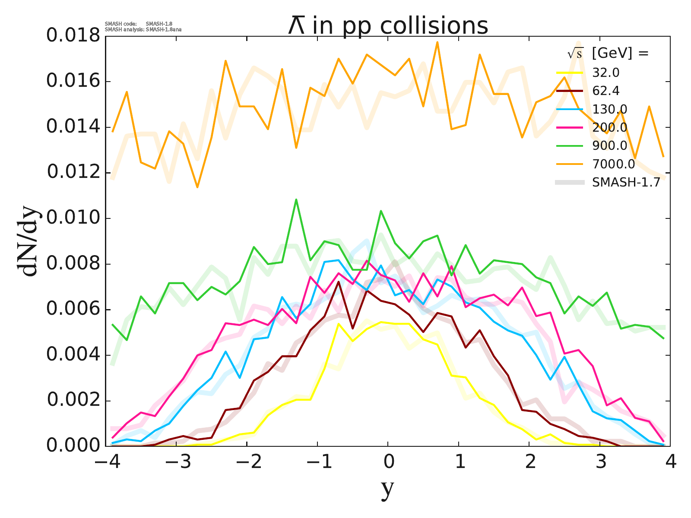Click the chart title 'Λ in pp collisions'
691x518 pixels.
tap(388, 25)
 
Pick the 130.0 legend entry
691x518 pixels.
tap(609, 109)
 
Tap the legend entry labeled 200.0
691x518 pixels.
tap(609, 127)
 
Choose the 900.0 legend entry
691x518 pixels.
tap(609, 146)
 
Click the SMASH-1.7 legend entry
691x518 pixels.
tap(626, 183)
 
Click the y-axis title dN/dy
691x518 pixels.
tap(29, 242)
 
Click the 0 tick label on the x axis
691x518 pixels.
tap(388, 462)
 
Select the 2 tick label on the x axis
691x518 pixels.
tap(529, 462)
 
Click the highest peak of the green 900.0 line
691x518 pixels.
tap(296, 199)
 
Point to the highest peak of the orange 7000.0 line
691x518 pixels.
tap(437, 42)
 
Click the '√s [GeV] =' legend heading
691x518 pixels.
tap(608, 54)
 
